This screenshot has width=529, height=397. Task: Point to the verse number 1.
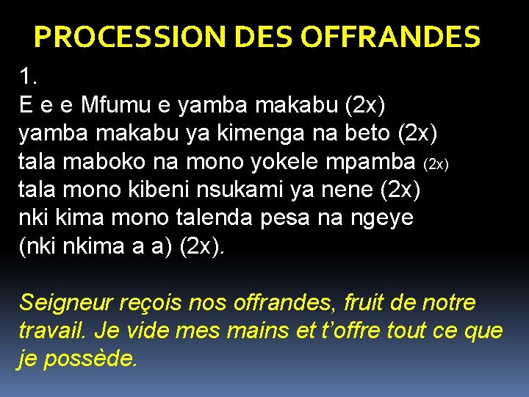[x=28, y=77]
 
